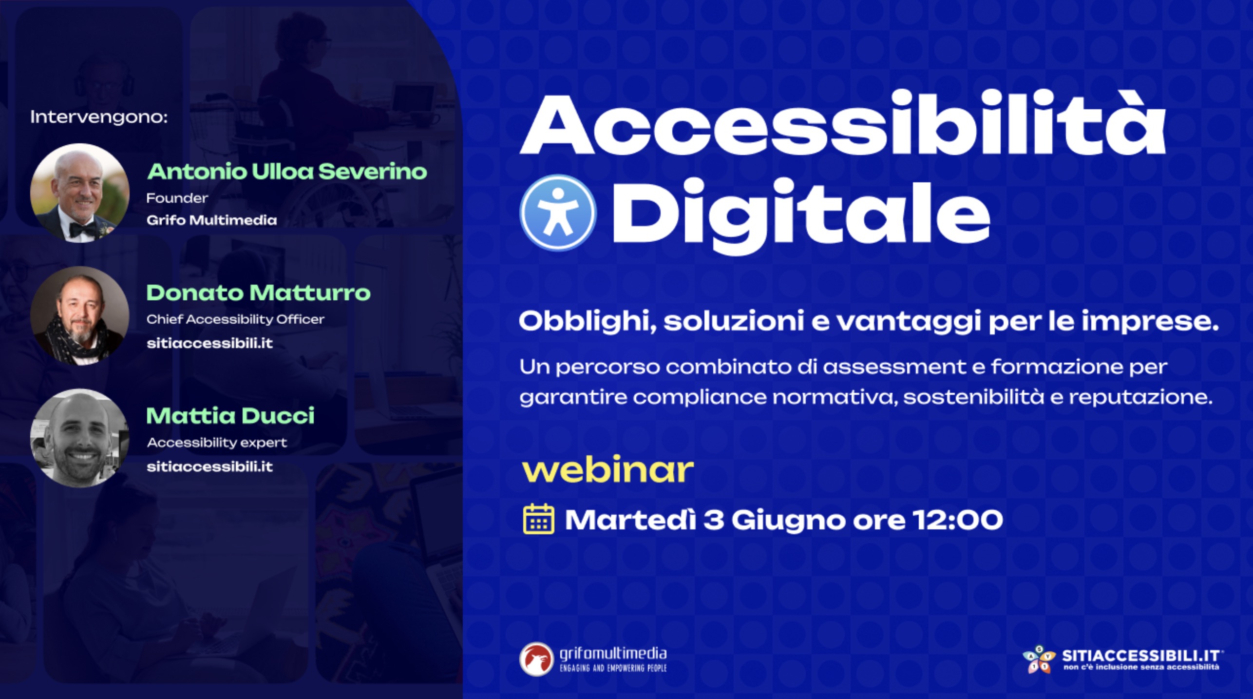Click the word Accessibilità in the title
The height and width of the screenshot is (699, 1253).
(843, 123)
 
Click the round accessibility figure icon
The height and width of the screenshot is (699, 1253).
(558, 213)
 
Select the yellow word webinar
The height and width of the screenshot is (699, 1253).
(608, 470)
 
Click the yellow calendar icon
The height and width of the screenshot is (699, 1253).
(538, 519)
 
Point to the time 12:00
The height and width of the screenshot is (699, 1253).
(958, 520)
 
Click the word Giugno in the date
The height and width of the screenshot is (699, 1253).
(788, 521)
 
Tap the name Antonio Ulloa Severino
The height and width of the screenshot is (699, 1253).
(287, 172)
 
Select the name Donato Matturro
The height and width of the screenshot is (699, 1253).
(258, 293)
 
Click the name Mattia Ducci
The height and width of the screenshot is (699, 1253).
(230, 416)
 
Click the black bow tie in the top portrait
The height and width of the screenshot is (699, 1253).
(82, 229)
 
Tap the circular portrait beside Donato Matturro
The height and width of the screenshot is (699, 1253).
(79, 316)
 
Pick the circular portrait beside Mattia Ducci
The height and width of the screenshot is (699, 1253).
(79, 438)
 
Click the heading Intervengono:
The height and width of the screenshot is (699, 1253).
(99, 117)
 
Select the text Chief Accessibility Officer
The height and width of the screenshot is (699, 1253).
(235, 319)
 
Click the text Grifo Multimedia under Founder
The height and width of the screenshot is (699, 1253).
(212, 220)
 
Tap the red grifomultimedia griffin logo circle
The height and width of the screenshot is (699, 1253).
(536, 659)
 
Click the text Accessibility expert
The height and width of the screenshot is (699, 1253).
(217, 443)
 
